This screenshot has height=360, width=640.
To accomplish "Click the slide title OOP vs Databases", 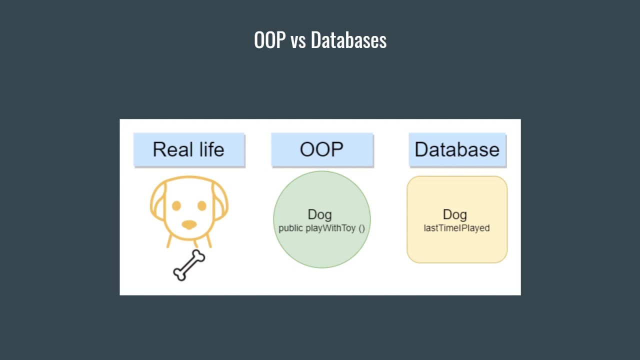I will pos(320,40).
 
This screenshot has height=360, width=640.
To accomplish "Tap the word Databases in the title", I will pos(348,40).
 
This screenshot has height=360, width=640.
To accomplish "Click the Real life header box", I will pos(189,149).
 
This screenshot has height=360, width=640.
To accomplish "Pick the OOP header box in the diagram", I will pos(322,149).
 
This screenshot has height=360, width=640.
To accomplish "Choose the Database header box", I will pos(457,149).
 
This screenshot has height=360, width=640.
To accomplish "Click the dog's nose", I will pos(189,224).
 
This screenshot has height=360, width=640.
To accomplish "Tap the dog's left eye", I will pos(176,205).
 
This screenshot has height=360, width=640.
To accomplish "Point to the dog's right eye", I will pos(202,205).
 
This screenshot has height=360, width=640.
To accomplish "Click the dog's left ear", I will pos(157,202).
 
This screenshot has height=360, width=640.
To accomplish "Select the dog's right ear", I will pos(220,202).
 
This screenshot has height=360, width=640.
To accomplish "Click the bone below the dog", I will pos(189,265).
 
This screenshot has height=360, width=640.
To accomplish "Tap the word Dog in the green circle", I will pos(319,215).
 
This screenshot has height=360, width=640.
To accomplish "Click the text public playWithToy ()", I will pos(322,228).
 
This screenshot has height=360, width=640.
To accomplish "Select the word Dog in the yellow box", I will pos(455,215).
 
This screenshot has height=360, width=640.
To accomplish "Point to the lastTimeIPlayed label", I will pos(456,228).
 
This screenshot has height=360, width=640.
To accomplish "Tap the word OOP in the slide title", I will pos(269,40).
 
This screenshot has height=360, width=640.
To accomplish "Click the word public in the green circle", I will pos(290,228).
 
